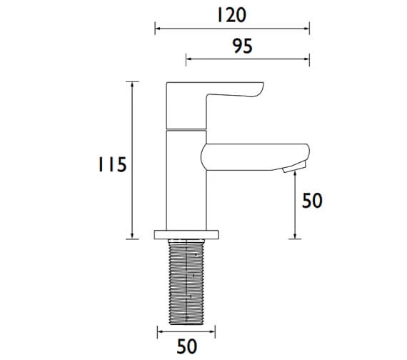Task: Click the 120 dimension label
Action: (x=231, y=15)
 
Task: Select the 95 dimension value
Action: (x=243, y=46)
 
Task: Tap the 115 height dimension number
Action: (x=112, y=164)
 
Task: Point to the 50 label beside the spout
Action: (x=312, y=200)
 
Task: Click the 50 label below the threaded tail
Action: (x=186, y=346)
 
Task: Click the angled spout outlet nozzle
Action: (x=294, y=166)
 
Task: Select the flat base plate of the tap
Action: (x=186, y=234)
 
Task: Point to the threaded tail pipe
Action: (x=186, y=282)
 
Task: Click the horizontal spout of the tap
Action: (x=255, y=157)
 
